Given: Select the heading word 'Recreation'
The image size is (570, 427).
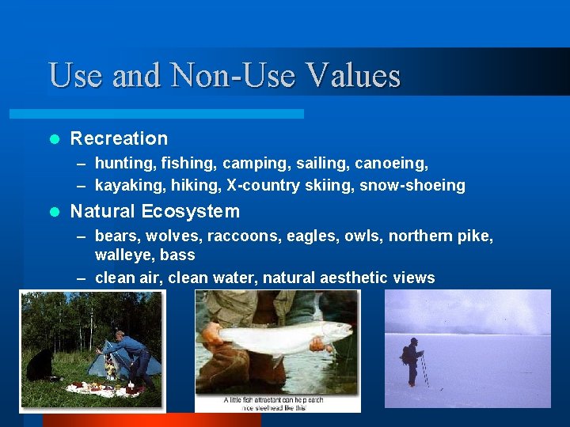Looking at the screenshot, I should click(x=119, y=138).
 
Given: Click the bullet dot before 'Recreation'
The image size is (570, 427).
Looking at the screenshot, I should click(x=54, y=139).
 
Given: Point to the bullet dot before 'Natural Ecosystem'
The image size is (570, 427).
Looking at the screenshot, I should click(x=54, y=212).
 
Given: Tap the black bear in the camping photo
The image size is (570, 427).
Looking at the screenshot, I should click(x=39, y=365).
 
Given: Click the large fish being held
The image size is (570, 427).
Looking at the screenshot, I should click(x=285, y=335).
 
